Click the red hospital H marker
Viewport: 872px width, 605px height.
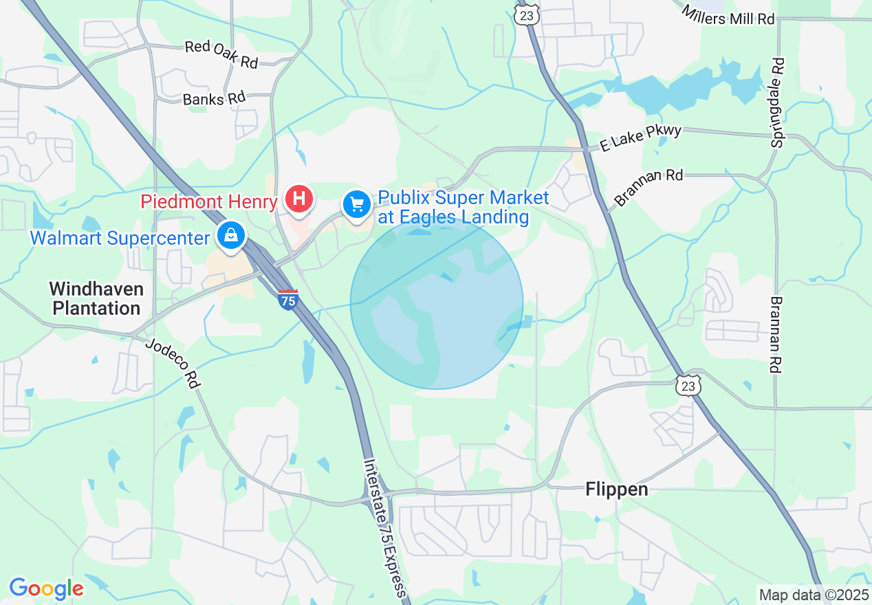(299, 199)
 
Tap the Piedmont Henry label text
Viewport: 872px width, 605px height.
(210, 201)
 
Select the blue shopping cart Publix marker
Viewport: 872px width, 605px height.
(357, 204)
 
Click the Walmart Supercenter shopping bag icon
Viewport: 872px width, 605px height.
(231, 236)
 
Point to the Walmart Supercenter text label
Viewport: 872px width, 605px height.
(120, 239)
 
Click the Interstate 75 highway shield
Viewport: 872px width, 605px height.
(288, 300)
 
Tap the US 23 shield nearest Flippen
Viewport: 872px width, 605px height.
(688, 386)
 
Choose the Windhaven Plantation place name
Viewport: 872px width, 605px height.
(96, 298)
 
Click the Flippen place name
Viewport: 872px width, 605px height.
(617, 489)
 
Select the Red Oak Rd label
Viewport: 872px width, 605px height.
(221, 54)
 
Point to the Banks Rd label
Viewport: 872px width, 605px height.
(214, 98)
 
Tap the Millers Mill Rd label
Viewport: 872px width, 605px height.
(728, 15)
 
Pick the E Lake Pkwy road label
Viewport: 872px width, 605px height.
(640, 137)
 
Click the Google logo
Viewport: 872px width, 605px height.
(46, 588)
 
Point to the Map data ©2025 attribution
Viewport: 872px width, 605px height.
(813, 594)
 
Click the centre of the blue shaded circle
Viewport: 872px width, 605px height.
(437, 303)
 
